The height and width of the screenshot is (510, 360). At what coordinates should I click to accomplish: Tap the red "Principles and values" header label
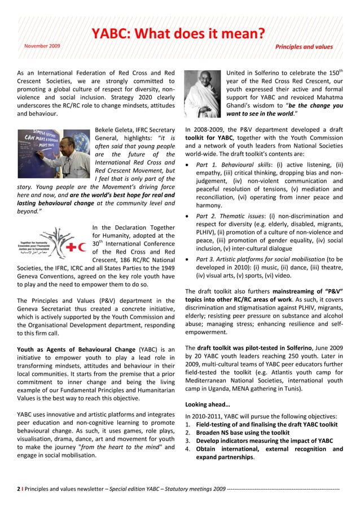(304, 47)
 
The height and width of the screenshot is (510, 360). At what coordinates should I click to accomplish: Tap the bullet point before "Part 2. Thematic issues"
(188, 216)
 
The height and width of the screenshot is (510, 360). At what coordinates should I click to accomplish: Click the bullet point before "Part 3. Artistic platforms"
(188, 259)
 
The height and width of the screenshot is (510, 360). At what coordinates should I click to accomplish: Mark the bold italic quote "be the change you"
(310, 105)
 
